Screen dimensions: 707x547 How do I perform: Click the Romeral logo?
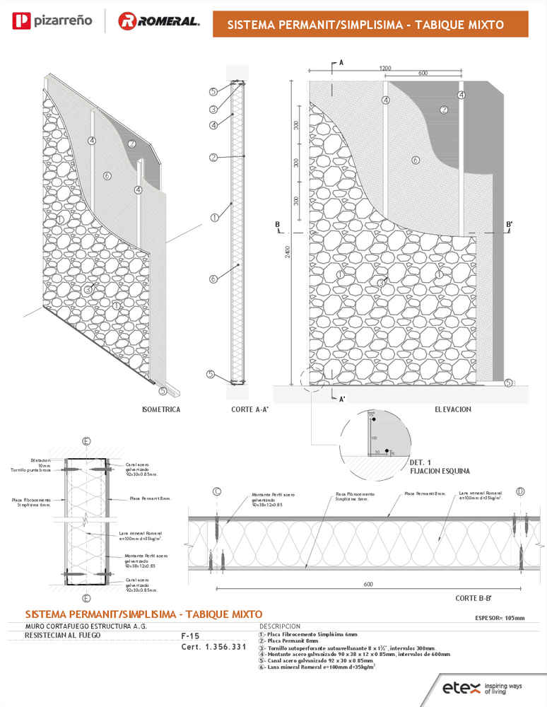pyautogui.click(x=158, y=22)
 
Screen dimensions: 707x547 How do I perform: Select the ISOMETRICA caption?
pyautogui.click(x=161, y=409)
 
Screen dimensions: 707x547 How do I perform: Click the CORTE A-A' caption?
pyautogui.click(x=248, y=409)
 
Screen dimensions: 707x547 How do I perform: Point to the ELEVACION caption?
pyautogui.click(x=453, y=409)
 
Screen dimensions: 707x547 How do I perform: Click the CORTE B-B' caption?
pyautogui.click(x=475, y=597)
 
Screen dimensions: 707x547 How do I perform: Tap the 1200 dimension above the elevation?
pyautogui.click(x=385, y=68)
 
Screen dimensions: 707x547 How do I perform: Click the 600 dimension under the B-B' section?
pyautogui.click(x=368, y=585)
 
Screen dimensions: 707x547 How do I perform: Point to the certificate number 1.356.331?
pyautogui.click(x=213, y=647)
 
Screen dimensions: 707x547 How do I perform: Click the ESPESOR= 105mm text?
pyautogui.click(x=500, y=618)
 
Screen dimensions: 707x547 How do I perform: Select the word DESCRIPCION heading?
pyautogui.click(x=280, y=626)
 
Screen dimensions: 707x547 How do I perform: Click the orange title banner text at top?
pyautogui.click(x=365, y=25)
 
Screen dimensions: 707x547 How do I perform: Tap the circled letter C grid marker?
pyautogui.click(x=217, y=491)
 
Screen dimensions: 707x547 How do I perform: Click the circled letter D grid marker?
pyautogui.click(x=520, y=491)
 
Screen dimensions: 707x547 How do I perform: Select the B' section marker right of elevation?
pyautogui.click(x=510, y=225)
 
